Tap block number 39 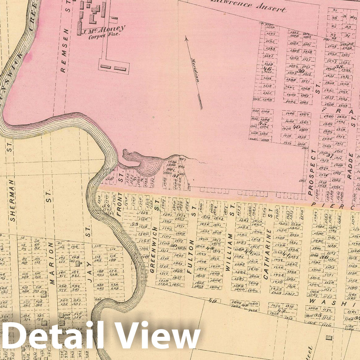coord(301,71)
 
